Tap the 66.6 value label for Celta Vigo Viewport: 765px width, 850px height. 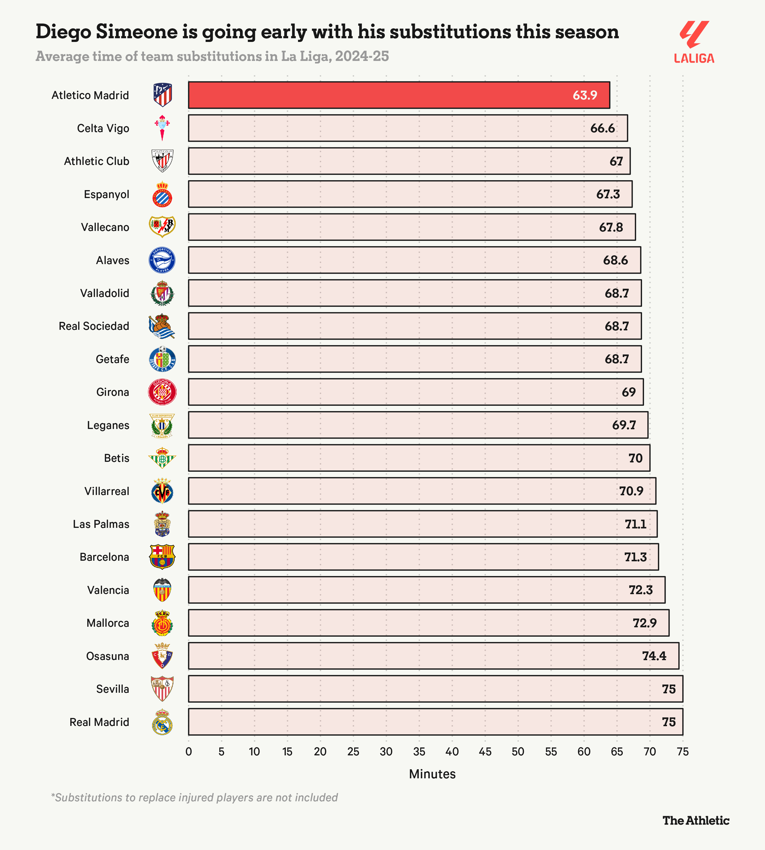click(602, 128)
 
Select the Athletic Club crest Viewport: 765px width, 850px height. click(162, 161)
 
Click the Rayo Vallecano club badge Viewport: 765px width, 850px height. click(162, 227)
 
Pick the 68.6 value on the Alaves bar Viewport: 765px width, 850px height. click(615, 260)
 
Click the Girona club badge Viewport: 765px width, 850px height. click(162, 392)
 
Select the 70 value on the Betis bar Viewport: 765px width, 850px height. click(635, 458)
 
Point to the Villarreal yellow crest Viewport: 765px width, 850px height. click(162, 491)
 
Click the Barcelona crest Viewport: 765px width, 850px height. click(162, 557)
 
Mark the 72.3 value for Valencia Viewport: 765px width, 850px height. click(641, 590)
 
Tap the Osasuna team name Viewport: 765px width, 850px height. click(108, 656)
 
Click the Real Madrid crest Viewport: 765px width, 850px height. click(162, 722)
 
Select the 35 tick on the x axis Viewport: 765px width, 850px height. click(419, 752)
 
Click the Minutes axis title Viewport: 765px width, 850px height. click(432, 774)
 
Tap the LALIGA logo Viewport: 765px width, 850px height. click(694, 42)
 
